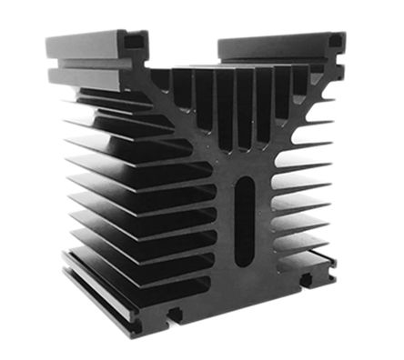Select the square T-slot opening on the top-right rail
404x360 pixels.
(x=335, y=40)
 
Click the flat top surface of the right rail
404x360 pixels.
(x=274, y=41)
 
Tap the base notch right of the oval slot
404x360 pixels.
(x=307, y=281)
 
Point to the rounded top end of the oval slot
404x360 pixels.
(x=245, y=181)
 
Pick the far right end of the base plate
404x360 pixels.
(x=335, y=264)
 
